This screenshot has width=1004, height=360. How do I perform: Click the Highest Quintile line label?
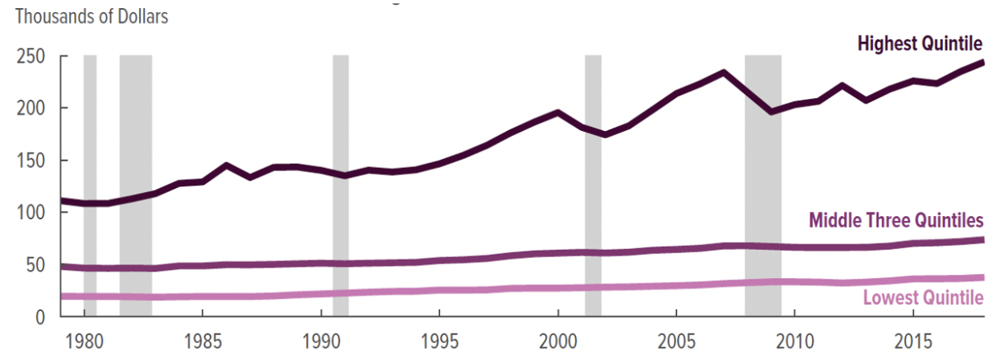coord(920,43)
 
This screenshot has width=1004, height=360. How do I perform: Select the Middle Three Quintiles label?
coord(896,220)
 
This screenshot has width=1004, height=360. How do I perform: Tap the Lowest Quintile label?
coord(923,298)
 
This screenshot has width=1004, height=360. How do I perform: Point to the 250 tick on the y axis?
coord(28,57)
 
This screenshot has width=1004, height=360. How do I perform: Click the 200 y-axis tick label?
coord(28,108)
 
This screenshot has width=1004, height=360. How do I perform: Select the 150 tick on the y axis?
coord(28,161)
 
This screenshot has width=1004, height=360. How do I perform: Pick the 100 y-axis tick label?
coord(28,213)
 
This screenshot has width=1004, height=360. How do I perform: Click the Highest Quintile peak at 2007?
coord(724,72)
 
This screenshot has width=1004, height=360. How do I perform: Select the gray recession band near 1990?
coord(341,185)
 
